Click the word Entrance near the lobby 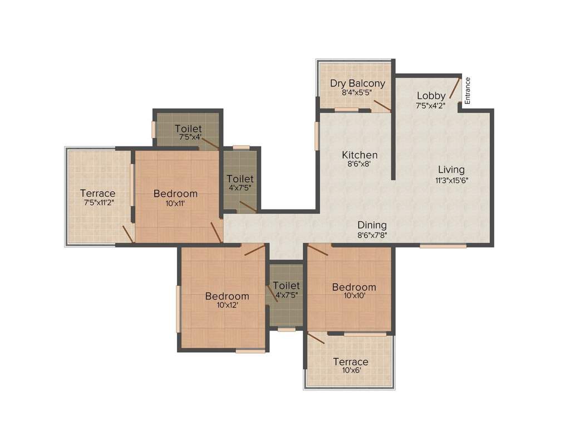(468, 90)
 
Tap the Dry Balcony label (357, 83)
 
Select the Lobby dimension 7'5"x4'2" (430, 105)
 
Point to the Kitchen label (360, 154)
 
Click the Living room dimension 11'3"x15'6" (451, 180)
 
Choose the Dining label (372, 225)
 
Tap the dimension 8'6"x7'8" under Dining (372, 235)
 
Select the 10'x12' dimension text (227, 305)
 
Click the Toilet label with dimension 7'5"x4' (188, 129)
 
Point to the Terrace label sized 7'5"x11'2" (97, 193)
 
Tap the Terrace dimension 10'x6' (351, 371)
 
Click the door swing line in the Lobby (455, 88)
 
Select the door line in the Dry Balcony (382, 106)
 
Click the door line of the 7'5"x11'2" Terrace (128, 234)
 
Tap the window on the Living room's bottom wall (443, 245)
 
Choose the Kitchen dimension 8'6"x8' (360, 164)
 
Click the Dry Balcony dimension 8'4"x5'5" (357, 93)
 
